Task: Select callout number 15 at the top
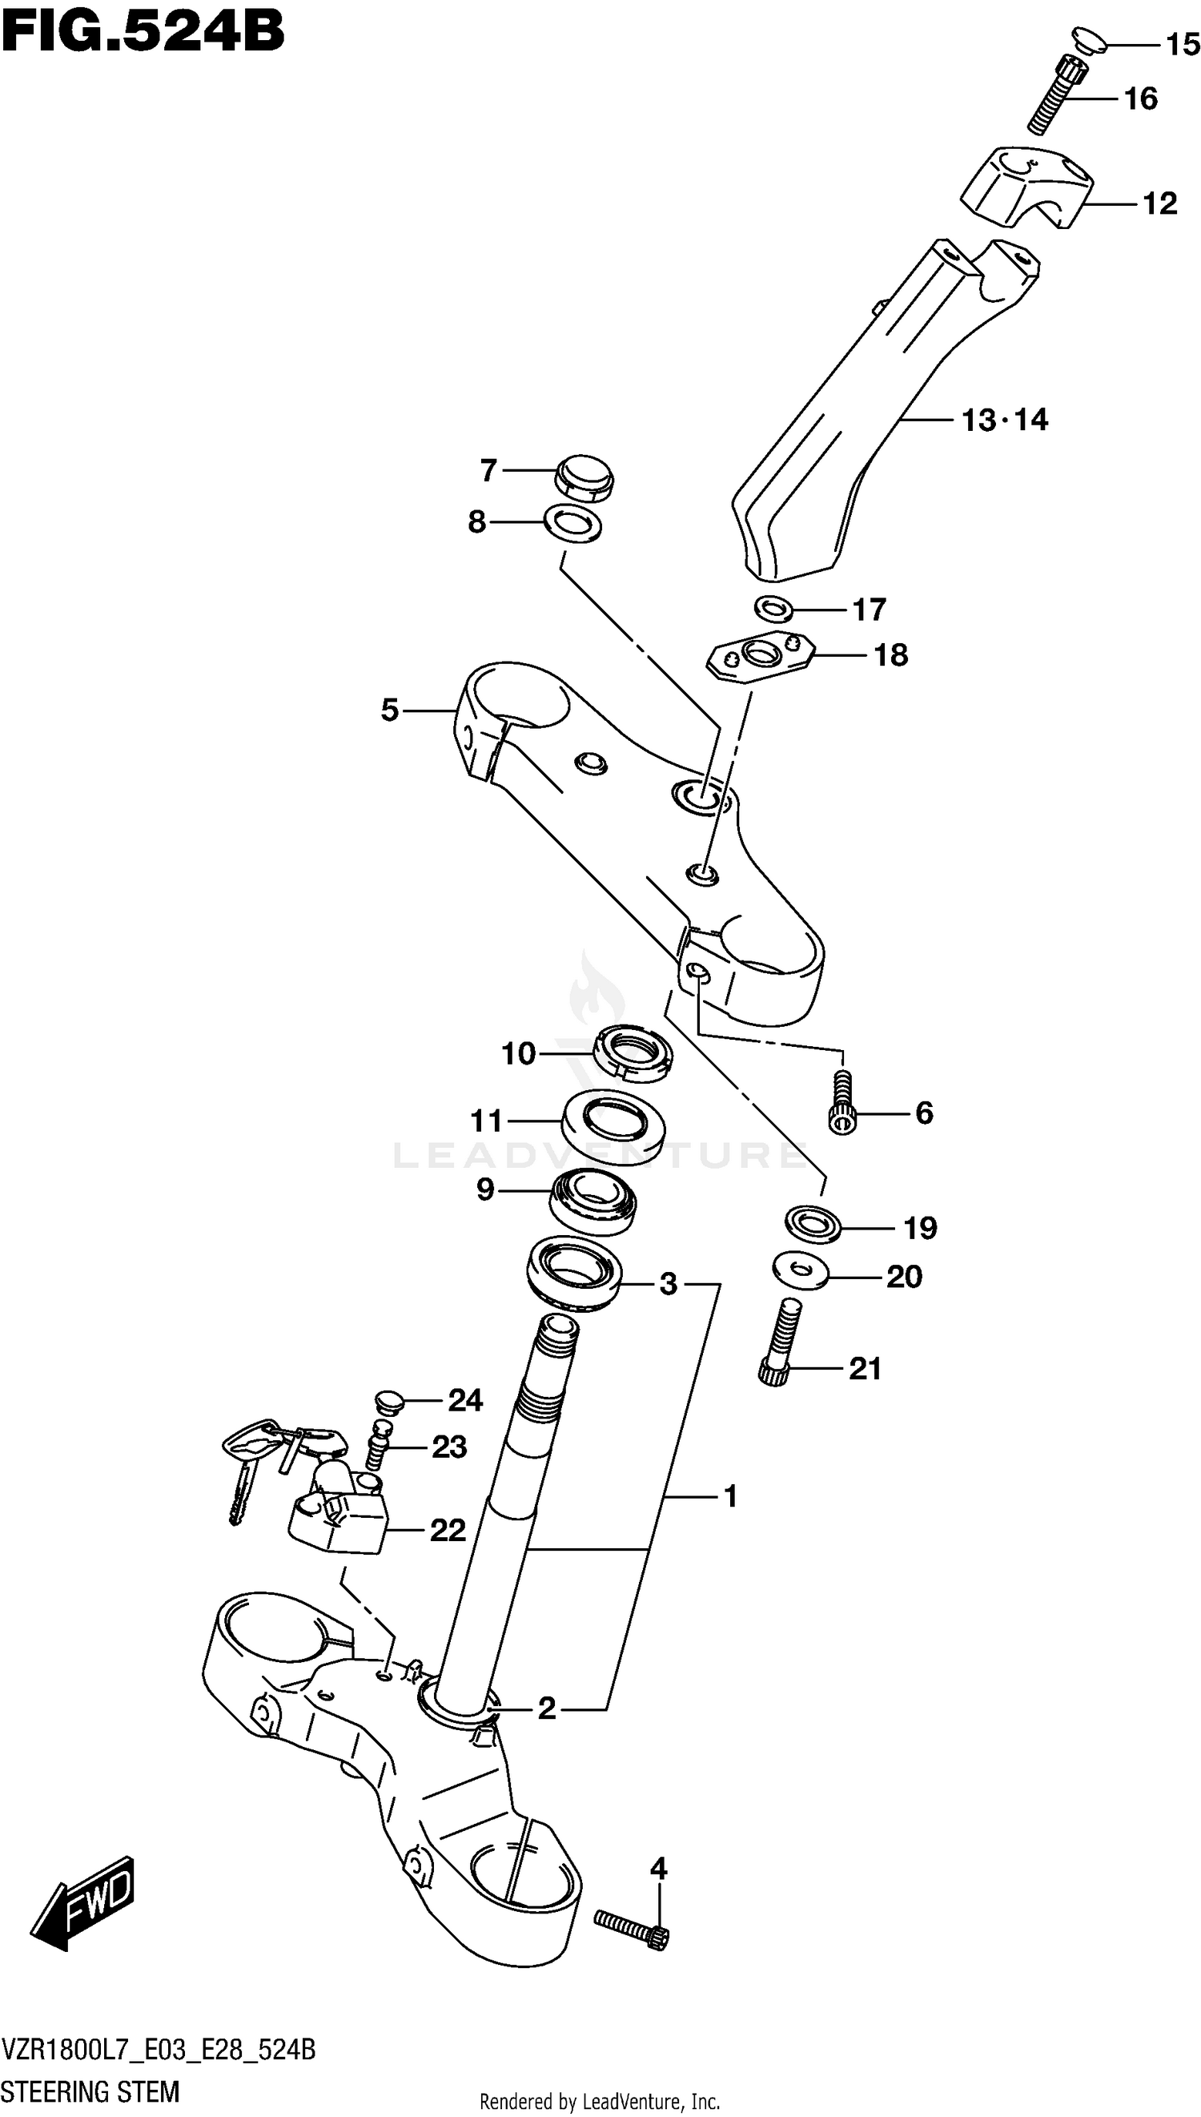pos(1181,44)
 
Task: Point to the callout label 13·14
pos(1004,420)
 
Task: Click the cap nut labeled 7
pos(584,477)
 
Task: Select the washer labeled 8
pos(572,525)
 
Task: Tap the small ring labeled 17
pos(773,610)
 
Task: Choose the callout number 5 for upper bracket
pos(389,710)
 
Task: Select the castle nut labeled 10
pos(633,1053)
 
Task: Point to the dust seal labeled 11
pos(613,1124)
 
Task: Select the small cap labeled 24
pos(388,1400)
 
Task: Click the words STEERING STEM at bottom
pos(90,2091)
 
